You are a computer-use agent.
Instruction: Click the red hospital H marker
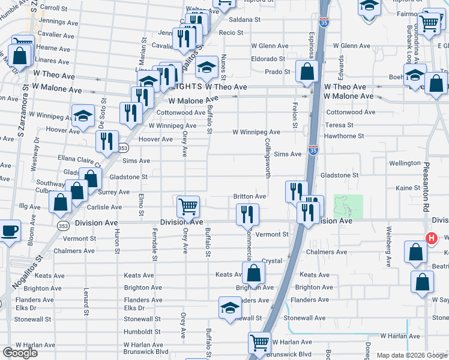click(430, 238)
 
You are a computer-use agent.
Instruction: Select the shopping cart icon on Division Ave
click(188, 206)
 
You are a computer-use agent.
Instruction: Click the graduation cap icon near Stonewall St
click(229, 307)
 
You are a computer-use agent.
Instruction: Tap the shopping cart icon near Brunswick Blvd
click(259, 343)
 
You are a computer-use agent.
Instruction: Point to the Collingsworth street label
click(267, 158)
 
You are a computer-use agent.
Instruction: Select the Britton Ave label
click(250, 196)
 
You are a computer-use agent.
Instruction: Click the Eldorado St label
click(268, 59)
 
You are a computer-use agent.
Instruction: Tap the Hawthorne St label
click(345, 136)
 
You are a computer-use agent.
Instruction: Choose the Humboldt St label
click(142, 332)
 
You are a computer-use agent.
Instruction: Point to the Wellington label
click(405, 163)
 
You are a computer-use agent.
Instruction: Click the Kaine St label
click(408, 188)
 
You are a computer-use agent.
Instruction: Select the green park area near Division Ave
click(348, 206)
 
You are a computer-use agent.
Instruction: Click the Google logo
click(20, 353)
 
